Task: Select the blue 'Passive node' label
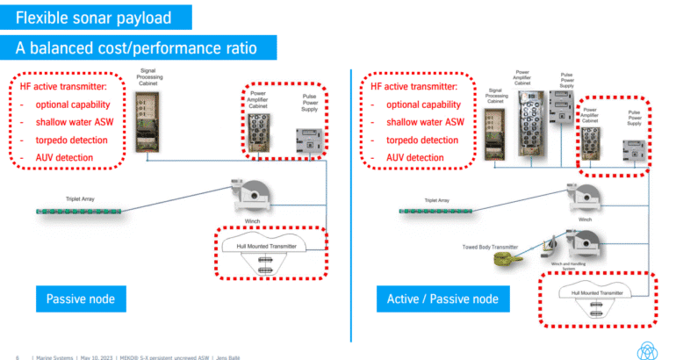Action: click(81, 299)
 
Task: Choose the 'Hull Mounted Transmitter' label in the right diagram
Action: click(597, 292)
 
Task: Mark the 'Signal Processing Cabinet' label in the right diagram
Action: click(499, 95)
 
